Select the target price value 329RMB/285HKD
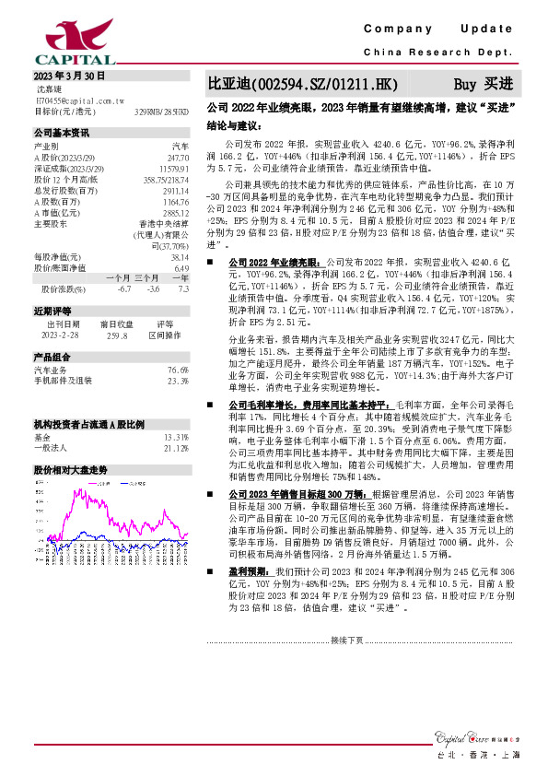(161, 111)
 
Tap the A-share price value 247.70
(178, 158)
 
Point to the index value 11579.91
(173, 169)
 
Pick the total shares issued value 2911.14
(174, 191)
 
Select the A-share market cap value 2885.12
(174, 213)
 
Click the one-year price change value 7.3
(183, 288)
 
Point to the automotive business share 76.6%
(178, 369)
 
